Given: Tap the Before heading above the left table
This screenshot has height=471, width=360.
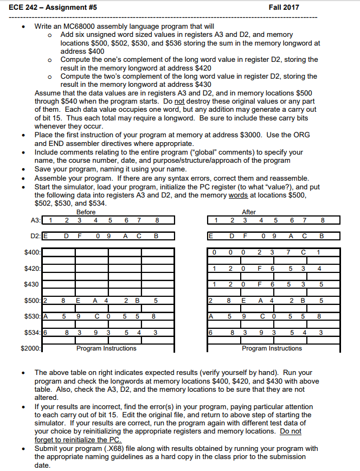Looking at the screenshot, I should (x=86, y=212).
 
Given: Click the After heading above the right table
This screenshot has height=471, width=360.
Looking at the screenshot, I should (x=248, y=212).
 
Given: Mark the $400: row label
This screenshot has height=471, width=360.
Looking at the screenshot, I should (x=33, y=252).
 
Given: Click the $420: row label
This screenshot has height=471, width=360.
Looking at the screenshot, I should (x=33, y=269).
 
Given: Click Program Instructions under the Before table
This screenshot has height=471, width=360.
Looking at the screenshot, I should (x=107, y=348).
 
